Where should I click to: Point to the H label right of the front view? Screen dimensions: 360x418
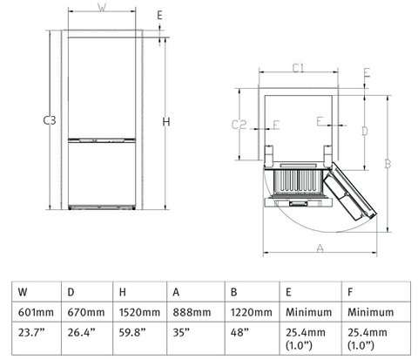(165, 121)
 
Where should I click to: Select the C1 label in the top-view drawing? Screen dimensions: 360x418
(297, 67)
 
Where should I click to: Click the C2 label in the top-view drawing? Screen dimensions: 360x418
(239, 125)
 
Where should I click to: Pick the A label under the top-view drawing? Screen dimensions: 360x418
(320, 249)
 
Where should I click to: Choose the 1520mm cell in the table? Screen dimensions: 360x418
(139, 312)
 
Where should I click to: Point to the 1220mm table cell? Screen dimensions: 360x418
(247, 312)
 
